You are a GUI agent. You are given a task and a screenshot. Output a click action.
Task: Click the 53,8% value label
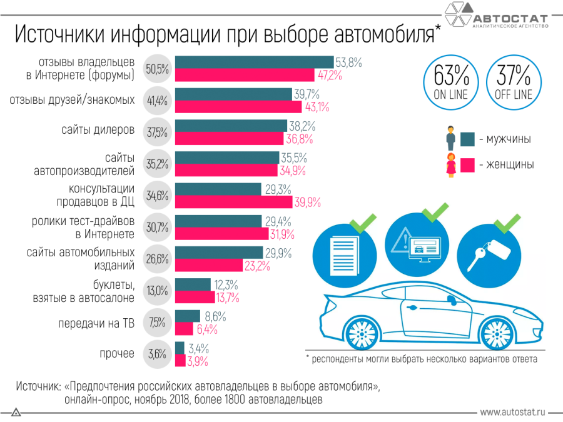[x=349, y=63]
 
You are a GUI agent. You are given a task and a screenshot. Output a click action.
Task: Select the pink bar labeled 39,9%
[x=233, y=202]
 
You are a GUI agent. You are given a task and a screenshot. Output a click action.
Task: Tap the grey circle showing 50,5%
[x=157, y=69]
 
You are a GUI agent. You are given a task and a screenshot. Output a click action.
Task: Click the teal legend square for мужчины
[x=467, y=139]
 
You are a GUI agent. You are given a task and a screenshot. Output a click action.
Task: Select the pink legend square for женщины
[x=467, y=165]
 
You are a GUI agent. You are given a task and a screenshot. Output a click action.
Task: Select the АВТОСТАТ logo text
[x=509, y=16]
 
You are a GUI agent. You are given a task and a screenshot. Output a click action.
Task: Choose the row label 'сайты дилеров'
[x=98, y=130]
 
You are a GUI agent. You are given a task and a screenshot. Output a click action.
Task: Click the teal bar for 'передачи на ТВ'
[x=188, y=316]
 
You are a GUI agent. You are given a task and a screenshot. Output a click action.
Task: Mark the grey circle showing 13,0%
[x=157, y=290]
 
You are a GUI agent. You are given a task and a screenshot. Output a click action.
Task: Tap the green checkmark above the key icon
[x=507, y=221]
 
